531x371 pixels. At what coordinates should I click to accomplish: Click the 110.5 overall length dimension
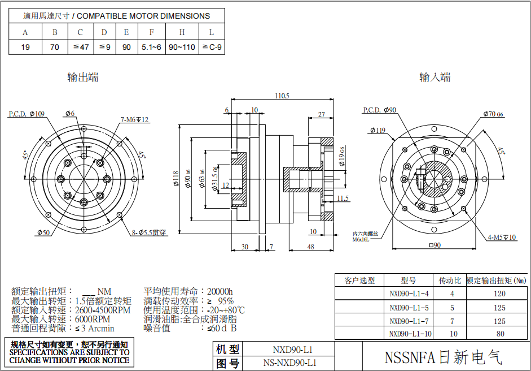coord(282,96)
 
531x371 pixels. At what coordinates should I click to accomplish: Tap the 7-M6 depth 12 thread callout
coord(134,120)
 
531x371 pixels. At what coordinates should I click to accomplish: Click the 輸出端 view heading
coord(83,78)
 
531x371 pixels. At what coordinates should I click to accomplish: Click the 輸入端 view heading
coord(435,77)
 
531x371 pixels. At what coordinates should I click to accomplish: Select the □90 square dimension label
coord(435,245)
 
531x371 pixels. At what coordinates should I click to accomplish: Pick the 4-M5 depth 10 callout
coord(502,238)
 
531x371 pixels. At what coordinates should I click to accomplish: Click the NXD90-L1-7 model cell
coord(409,321)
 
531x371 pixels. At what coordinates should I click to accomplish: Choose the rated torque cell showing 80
coord(500,334)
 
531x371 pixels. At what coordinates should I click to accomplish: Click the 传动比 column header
coord(450,281)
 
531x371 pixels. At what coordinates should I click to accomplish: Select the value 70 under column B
coord(55,47)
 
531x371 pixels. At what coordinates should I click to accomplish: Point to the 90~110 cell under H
coord(182,47)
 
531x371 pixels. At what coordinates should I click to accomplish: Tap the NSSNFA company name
coord(443,357)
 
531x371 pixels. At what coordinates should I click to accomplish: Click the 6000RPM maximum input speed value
coord(93,320)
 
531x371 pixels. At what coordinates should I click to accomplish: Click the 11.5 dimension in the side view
coord(343,198)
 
